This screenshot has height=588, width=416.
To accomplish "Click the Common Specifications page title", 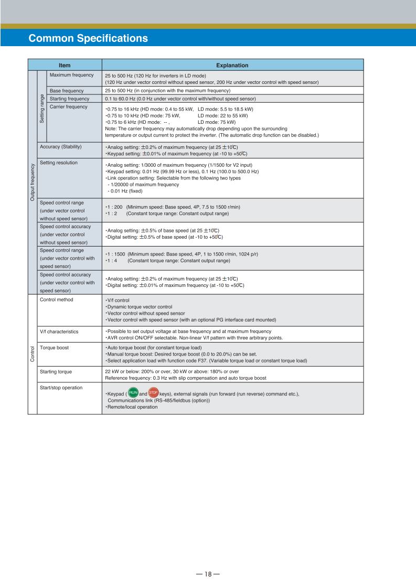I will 88,38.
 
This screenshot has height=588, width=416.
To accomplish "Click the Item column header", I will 65,66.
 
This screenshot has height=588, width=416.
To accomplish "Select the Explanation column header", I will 232,66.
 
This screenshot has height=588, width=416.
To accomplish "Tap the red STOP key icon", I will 153,393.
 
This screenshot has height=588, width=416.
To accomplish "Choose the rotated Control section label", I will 32,354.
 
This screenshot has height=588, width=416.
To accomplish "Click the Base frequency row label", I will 67,91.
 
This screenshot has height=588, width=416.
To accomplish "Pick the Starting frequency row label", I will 70,99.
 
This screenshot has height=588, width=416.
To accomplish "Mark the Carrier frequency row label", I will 69,107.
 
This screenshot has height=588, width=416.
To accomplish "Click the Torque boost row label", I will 55,347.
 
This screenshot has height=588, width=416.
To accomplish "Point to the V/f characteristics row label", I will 59,332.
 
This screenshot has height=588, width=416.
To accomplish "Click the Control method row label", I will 57,300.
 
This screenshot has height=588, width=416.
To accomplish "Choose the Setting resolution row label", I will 59,163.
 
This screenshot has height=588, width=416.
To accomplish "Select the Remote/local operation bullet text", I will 132,407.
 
